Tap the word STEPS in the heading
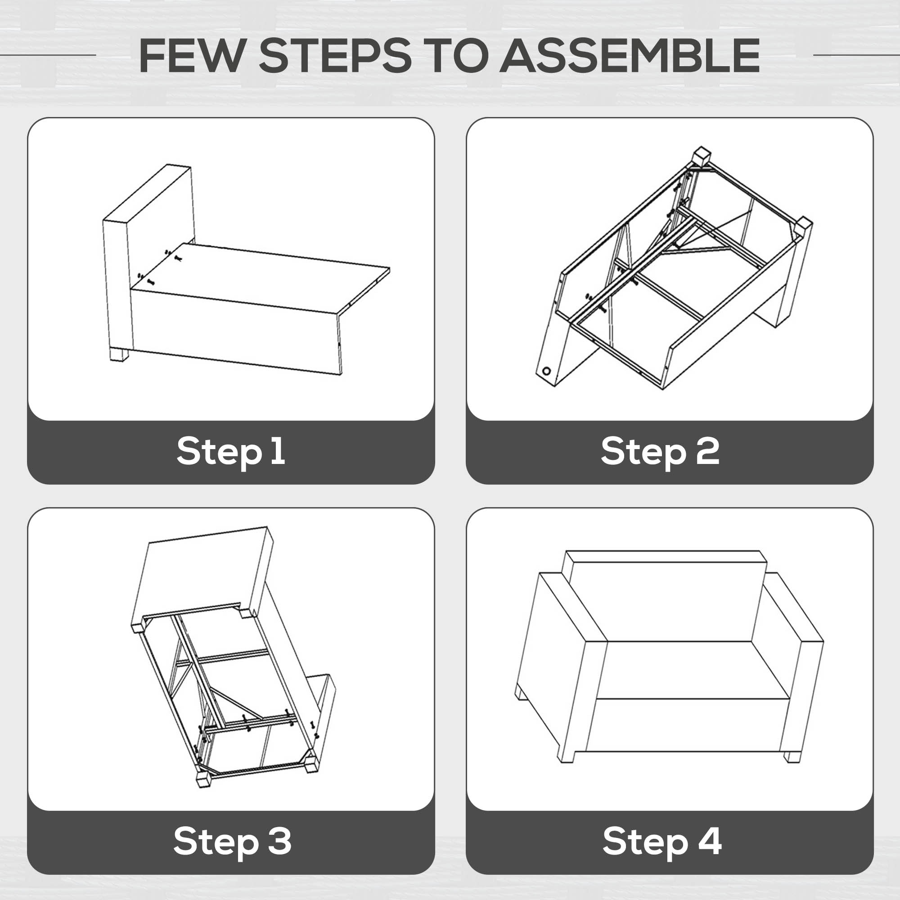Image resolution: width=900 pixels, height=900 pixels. point(335,55)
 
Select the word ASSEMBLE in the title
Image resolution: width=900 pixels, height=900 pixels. point(630,55)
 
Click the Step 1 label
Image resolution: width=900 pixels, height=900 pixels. point(231,451)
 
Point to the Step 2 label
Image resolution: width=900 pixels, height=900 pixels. point(660,451)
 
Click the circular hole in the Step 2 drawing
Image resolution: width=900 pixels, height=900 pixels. point(546,372)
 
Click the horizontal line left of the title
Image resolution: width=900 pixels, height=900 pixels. point(48,55)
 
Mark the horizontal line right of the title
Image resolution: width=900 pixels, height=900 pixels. point(856,55)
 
